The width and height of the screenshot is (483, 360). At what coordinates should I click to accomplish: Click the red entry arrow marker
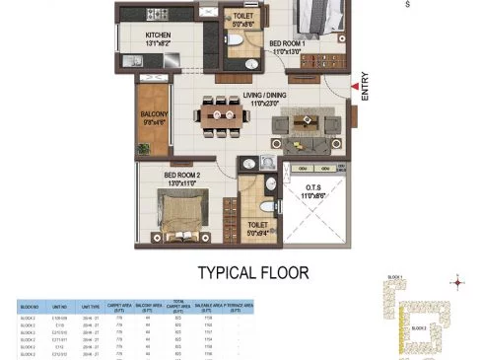pos(353,87)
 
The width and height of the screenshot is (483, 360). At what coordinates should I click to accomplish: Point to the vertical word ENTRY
pos(365,92)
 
